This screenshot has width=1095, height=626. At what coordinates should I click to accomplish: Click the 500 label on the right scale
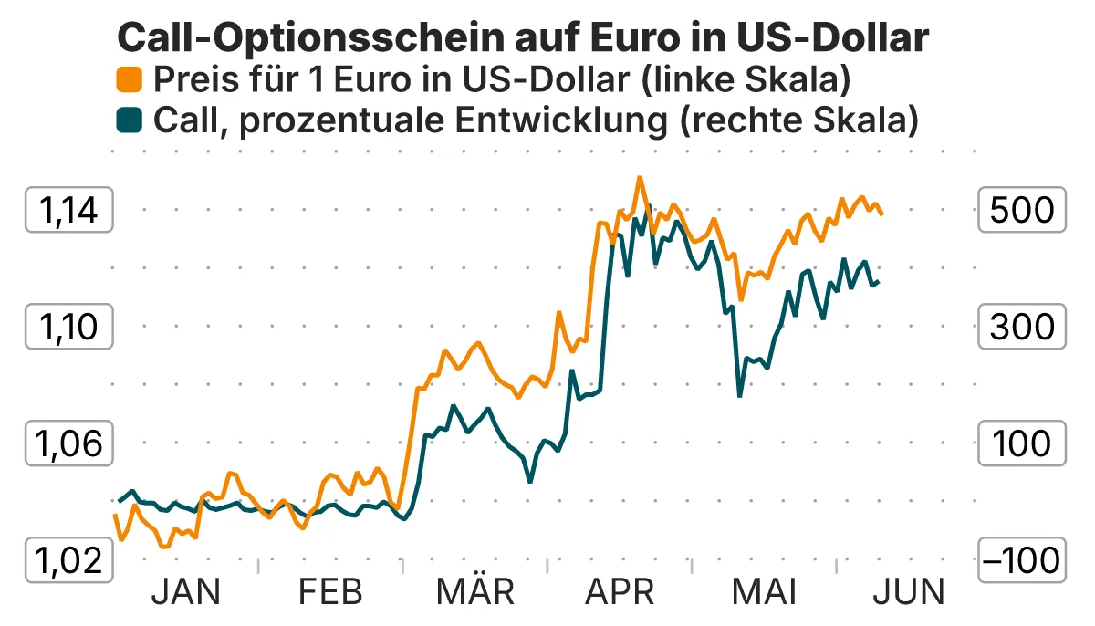[1021, 211]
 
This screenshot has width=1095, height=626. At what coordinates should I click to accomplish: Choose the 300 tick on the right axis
[1021, 327]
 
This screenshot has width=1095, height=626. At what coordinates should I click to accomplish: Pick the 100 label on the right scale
[1021, 443]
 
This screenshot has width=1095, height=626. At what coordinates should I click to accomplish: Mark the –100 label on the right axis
[1021, 559]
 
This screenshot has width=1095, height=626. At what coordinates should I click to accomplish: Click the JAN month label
[185, 592]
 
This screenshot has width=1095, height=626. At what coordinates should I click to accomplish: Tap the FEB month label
[330, 592]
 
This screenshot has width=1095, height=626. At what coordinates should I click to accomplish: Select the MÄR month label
[474, 592]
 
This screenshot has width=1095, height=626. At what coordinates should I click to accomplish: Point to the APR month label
[620, 592]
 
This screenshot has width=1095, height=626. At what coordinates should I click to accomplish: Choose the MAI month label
[764, 592]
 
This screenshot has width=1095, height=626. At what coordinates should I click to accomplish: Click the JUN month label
[909, 592]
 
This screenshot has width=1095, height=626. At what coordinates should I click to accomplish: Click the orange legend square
[130, 80]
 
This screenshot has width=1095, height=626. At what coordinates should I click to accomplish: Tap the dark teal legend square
[130, 120]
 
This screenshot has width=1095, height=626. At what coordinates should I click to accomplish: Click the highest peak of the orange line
[640, 178]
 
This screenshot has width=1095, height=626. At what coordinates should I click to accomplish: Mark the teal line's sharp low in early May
[739, 395]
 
